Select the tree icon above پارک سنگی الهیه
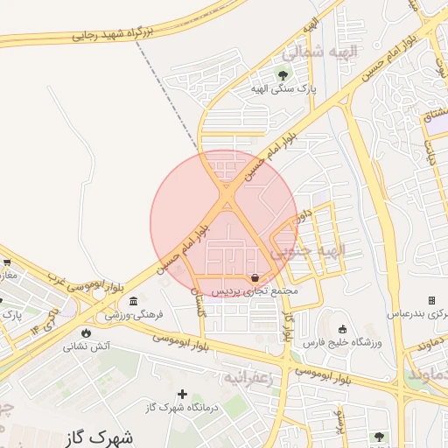(282, 75)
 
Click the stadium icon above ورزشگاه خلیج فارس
(342, 330)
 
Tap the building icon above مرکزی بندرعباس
(431, 299)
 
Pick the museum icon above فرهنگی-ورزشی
(132, 301)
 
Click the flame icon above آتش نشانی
(86, 332)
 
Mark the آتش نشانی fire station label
(86, 346)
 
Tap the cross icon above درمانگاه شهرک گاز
(182, 395)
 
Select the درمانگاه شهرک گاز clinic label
(182, 408)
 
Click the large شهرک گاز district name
(99, 437)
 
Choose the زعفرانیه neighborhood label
(250, 378)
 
